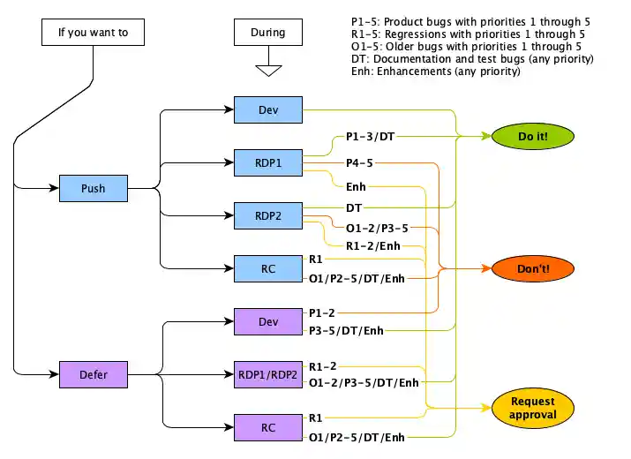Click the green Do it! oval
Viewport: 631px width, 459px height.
[x=532, y=136]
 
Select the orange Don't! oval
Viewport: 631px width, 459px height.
[x=533, y=268]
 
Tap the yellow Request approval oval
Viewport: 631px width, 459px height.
[x=532, y=408]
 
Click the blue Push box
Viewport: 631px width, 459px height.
[x=93, y=188]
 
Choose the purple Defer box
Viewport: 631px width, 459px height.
[x=93, y=374]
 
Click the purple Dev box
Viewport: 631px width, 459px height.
[x=268, y=321]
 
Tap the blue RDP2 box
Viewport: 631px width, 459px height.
[x=268, y=215]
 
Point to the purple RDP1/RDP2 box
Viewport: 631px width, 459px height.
[x=268, y=374]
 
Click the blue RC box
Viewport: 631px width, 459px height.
[x=268, y=268]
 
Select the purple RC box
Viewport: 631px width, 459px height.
[x=268, y=427]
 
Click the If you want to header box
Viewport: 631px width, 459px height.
[x=93, y=33]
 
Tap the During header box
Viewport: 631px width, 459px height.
[x=268, y=33]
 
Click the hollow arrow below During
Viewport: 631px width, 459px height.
[x=268, y=69]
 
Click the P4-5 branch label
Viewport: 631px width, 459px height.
[x=358, y=162]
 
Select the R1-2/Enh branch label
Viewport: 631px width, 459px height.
[x=372, y=245]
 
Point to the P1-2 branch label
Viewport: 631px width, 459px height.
[x=322, y=312]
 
